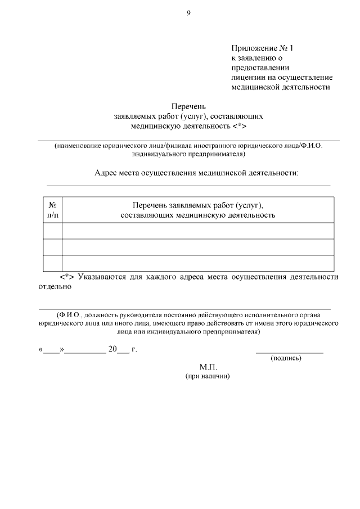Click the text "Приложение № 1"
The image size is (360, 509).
[262, 48]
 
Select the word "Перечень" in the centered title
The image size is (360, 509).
[188, 106]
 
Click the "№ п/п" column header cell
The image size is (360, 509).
[52, 210]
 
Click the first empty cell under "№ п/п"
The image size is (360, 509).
[52, 231]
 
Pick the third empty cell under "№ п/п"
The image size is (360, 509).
[52, 263]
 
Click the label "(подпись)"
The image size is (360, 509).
[286, 358]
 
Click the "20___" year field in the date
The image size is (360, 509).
[119, 349]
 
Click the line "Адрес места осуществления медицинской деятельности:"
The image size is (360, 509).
[196, 173]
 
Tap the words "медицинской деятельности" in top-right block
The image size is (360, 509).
[280, 87]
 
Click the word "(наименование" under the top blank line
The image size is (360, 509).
[78, 146]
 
